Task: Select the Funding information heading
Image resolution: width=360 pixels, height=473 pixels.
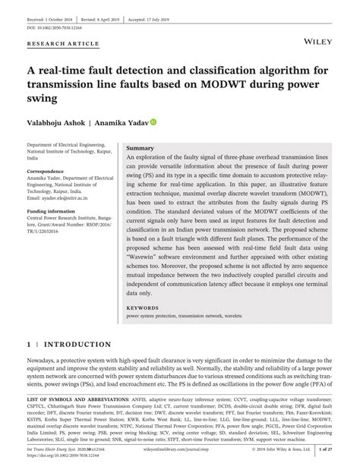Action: coord(55,211)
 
